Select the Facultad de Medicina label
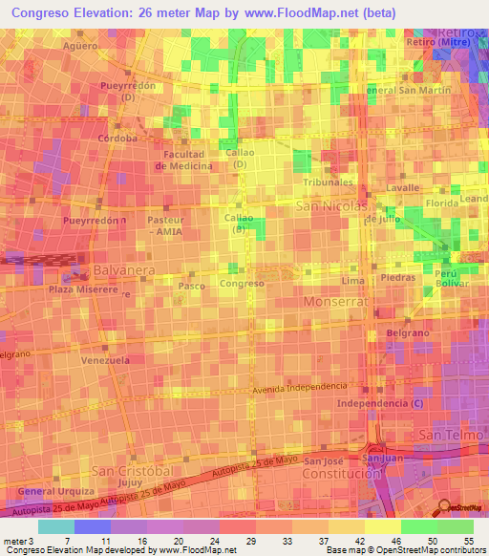point(185,160)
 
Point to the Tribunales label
point(328,182)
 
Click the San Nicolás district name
point(332,205)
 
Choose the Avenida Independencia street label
point(300,387)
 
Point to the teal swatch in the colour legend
point(55,526)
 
